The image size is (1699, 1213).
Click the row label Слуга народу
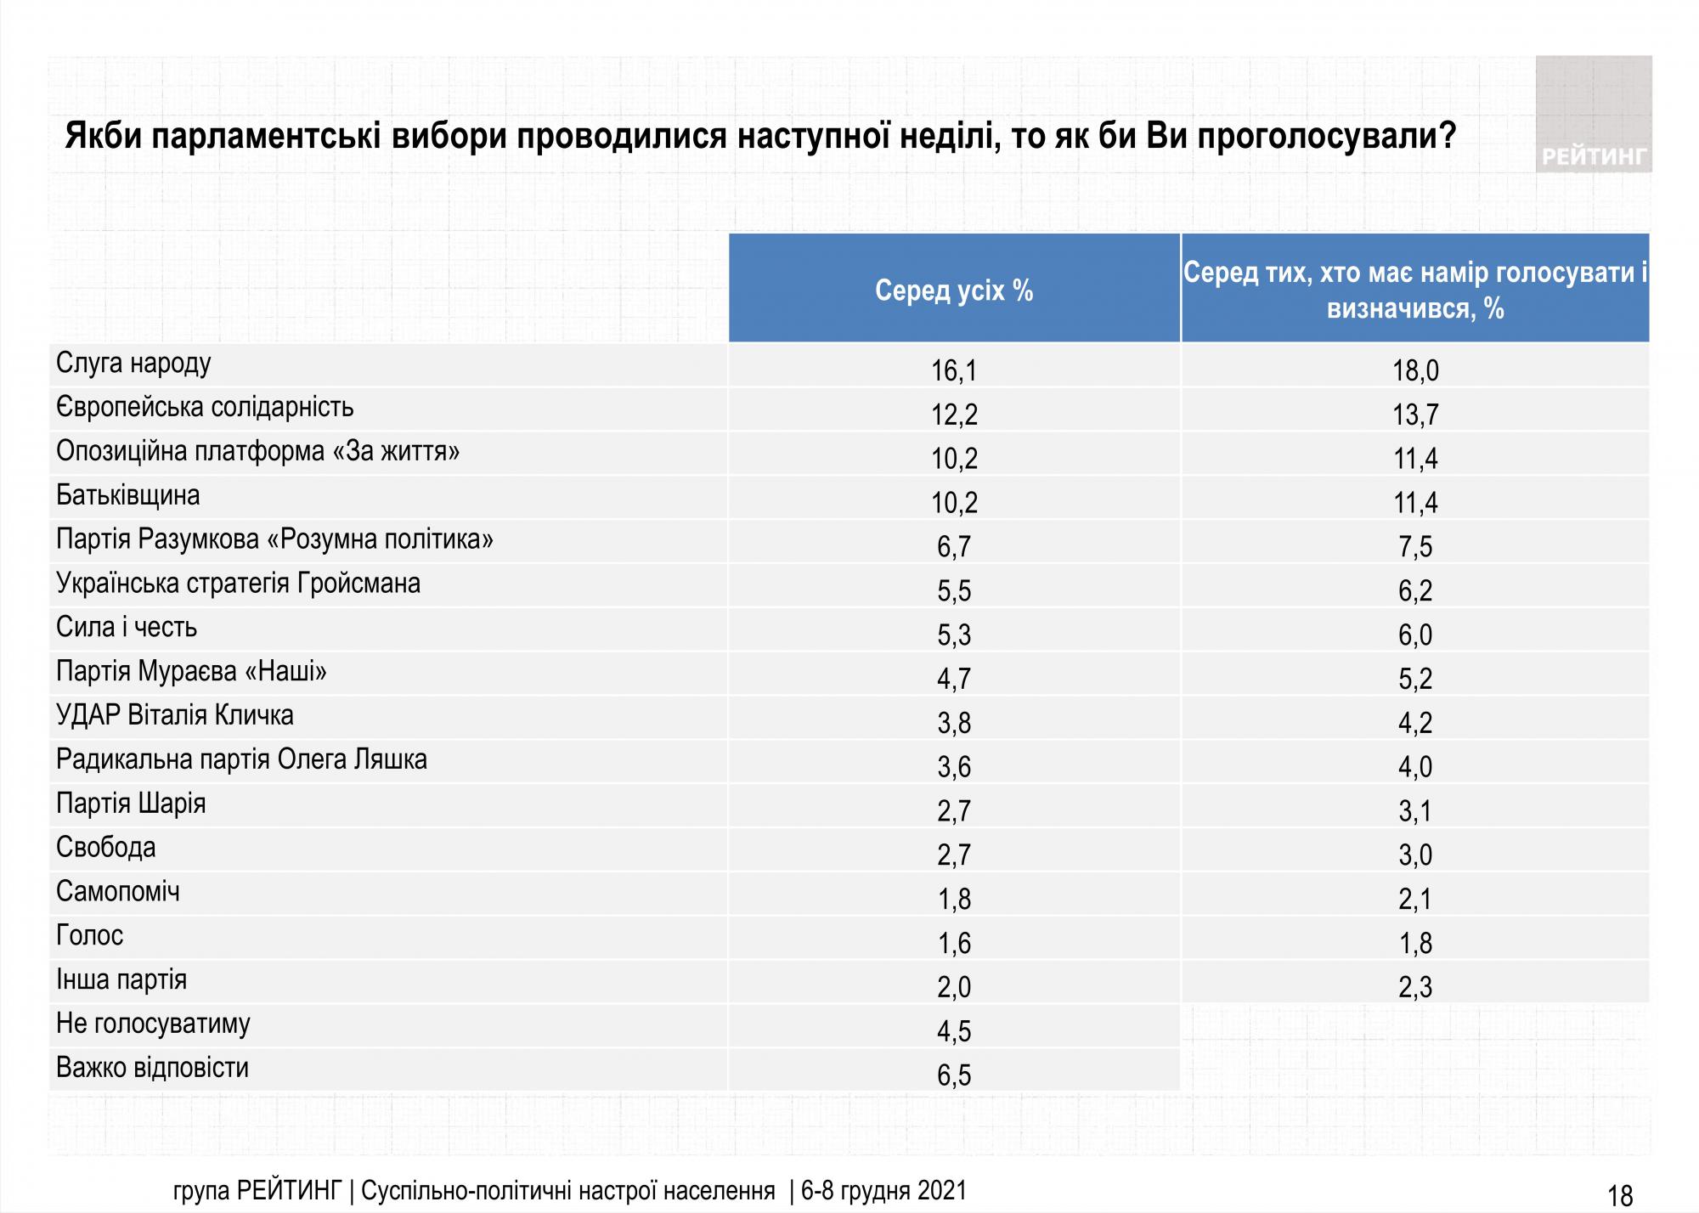tap(133, 364)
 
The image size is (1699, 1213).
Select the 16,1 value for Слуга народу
tap(954, 371)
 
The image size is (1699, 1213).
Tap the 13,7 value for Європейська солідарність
tap(1414, 415)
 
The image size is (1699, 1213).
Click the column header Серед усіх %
tap(954, 291)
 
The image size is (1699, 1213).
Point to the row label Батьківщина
tap(128, 495)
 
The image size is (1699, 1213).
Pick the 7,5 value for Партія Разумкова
tap(1414, 547)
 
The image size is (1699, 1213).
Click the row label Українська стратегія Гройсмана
tap(238, 584)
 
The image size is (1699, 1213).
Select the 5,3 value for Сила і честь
tap(954, 635)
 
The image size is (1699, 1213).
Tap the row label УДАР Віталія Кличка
tap(175, 715)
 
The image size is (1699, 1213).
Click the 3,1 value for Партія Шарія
tap(1414, 811)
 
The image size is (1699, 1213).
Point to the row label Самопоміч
tap(118, 892)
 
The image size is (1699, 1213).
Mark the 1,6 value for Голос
tap(954, 944)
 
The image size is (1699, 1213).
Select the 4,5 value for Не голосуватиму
tap(954, 1031)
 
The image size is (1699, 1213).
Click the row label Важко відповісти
tap(153, 1068)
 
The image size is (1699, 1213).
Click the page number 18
tap(1620, 1195)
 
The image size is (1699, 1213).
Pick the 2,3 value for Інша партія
tap(1414, 987)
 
